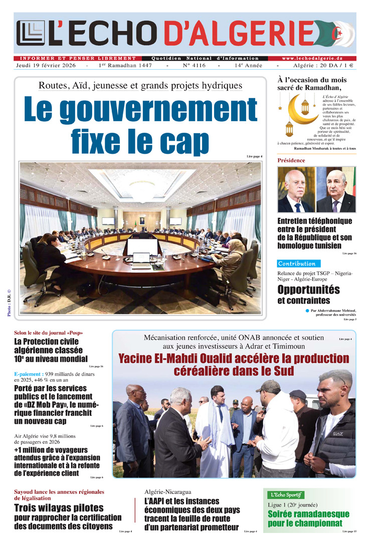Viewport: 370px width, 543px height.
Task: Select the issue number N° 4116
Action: coord(194,66)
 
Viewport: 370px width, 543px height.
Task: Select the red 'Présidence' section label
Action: coord(291,160)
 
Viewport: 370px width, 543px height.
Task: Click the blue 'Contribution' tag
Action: coord(297,263)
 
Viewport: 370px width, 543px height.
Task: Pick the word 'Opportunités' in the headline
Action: coord(308,290)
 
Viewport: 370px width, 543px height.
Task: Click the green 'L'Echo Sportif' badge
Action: coord(285,495)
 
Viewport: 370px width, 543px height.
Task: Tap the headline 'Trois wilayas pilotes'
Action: coord(59,508)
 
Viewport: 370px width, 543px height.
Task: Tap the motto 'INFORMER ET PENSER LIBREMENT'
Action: coord(75,58)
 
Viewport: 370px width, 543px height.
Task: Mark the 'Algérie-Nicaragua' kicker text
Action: coord(167,492)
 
